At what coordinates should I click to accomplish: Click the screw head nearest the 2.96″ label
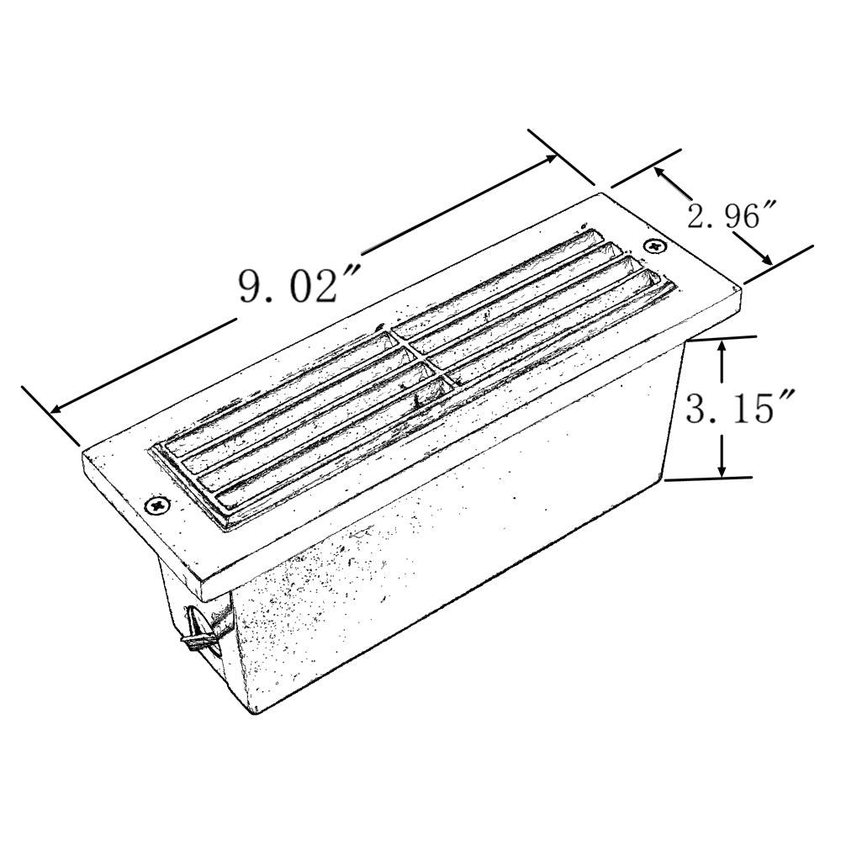(655, 246)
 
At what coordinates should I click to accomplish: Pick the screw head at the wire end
(157, 505)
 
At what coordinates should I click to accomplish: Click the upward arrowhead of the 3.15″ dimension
(722, 346)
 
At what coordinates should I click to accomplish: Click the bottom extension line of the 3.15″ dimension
(706, 479)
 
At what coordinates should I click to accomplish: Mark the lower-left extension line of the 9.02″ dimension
(50, 416)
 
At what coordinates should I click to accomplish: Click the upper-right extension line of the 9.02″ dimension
(561, 157)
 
